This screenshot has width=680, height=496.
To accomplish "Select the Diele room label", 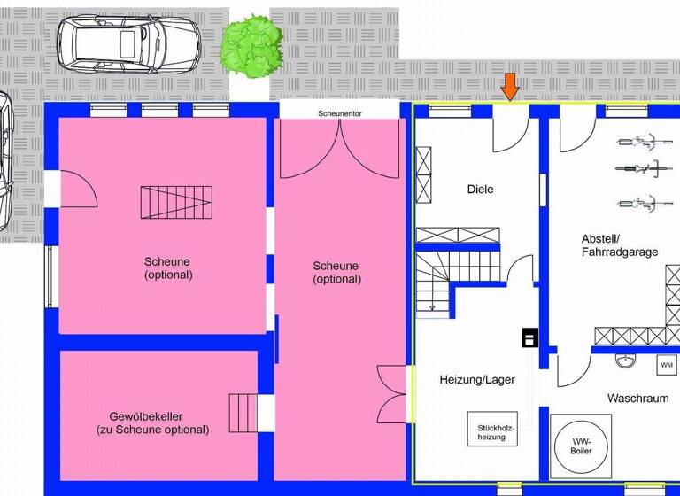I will [x=480, y=189].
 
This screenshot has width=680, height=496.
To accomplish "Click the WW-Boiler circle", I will [x=581, y=446].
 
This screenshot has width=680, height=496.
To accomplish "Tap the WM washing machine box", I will [x=666, y=364].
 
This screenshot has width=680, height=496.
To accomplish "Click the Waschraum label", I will [x=637, y=399].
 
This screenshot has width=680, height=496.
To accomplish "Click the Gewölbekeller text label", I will [x=152, y=422].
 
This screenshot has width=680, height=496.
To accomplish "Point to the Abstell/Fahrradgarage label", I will [x=620, y=245].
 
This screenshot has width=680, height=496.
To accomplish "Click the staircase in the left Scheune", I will [x=177, y=202].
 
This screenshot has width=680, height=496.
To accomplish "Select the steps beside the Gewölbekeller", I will [x=242, y=413].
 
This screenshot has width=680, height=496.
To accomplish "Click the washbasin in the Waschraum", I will [x=627, y=360].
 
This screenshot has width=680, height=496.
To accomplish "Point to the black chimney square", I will [x=529, y=337].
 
